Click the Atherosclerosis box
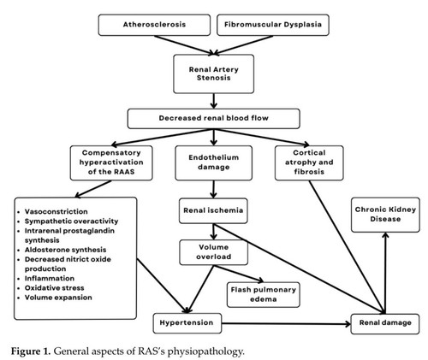[154, 25]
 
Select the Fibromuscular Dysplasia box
[273, 25]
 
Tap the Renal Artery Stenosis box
[214, 74]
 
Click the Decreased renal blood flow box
[214, 118]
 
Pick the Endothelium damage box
[214, 162]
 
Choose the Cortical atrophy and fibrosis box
[309, 162]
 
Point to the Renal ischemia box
[213, 210]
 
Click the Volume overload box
[214, 252]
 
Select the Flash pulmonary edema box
[264, 295]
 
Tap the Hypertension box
[187, 323]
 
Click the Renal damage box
[385, 324]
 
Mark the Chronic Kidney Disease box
[385, 215]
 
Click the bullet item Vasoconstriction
[56, 212]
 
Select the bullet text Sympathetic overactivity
[71, 221]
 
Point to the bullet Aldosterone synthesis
[65, 250]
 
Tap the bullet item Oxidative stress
[54, 288]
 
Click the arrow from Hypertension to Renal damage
[286, 324]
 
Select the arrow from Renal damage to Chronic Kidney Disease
[385, 273]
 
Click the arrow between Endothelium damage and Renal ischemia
[214, 189]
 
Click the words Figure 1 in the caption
[31, 351]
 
